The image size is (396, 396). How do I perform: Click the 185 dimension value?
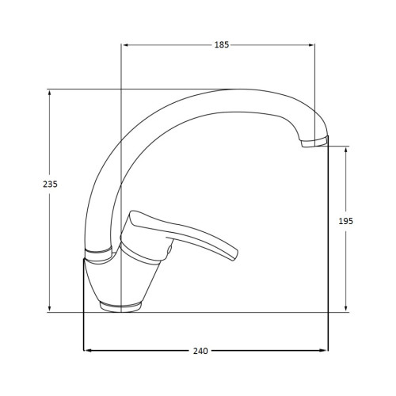tap(222, 45)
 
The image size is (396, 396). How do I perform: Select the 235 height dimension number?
tap(50, 184)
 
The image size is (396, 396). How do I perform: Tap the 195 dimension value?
tap(346, 221)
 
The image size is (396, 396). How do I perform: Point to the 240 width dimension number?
tap(200, 351)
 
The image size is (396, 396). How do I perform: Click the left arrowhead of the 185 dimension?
tap(126, 45)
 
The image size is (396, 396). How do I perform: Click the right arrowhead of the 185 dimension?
tap(311, 45)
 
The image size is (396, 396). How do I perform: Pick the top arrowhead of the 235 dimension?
tap(49, 93)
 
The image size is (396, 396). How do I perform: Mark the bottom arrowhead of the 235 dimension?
tap(49, 309)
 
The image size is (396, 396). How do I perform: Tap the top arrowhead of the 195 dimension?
tap(346, 150)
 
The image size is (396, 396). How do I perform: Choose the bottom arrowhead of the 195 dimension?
tap(346, 309)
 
